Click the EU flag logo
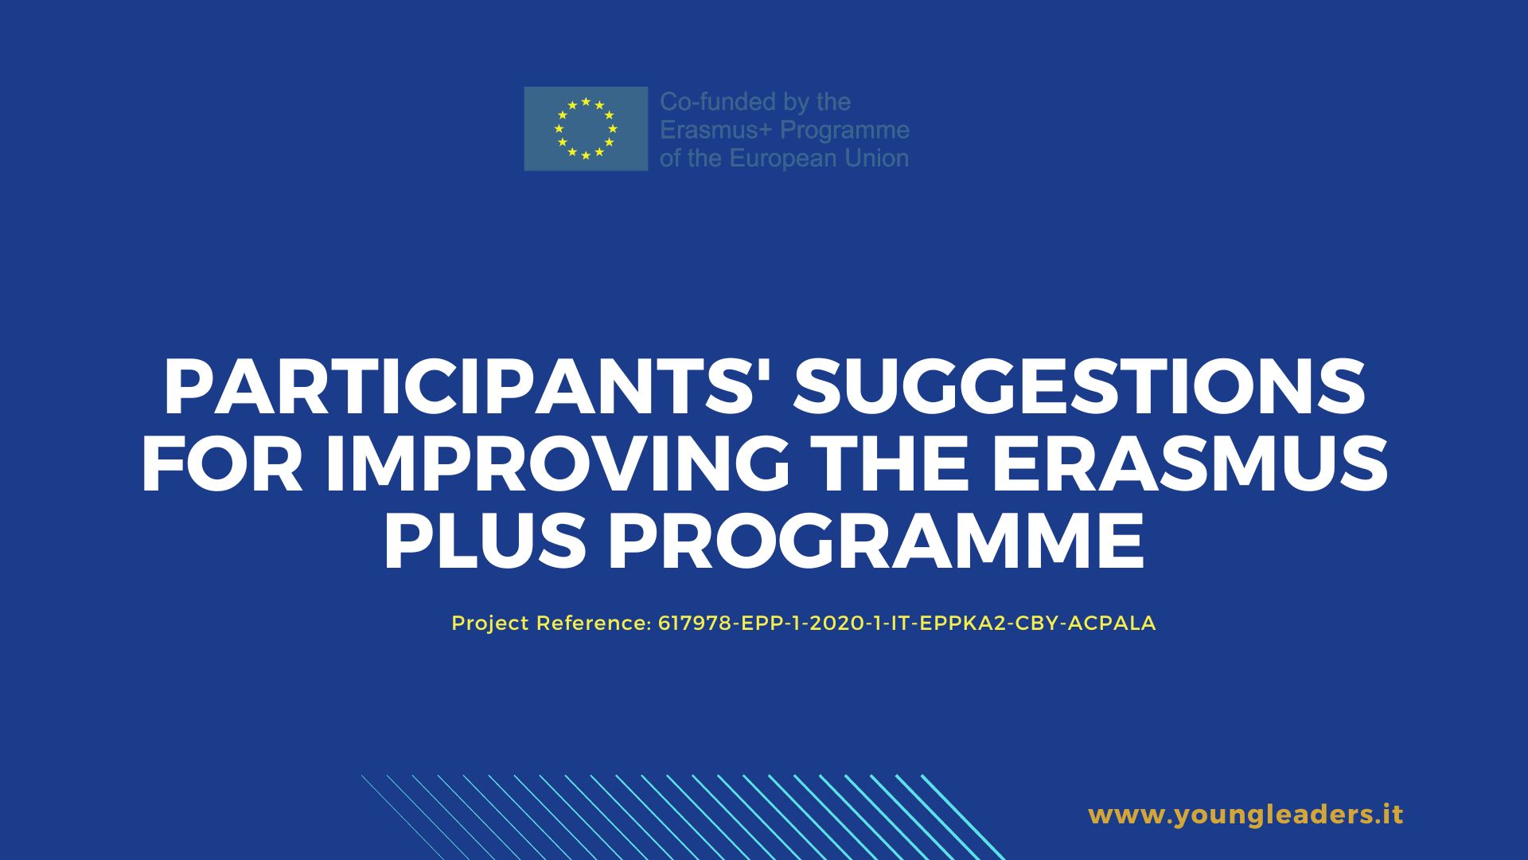[x=586, y=128]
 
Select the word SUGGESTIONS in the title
[x=1079, y=388]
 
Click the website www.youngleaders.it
[x=1245, y=815]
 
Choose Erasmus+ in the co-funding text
[x=716, y=130]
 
